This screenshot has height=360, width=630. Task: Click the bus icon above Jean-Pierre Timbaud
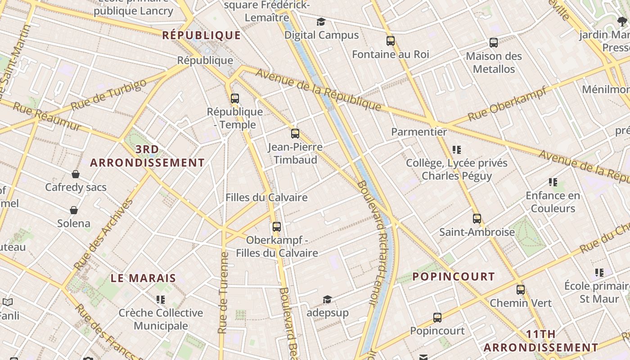[295, 134]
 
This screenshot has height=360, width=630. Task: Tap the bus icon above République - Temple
[234, 98]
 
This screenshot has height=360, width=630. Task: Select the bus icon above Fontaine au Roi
[391, 41]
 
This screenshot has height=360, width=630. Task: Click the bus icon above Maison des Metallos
[494, 43]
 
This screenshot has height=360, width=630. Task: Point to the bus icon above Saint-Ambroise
[477, 219]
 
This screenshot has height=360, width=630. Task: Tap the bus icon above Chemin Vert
[521, 289]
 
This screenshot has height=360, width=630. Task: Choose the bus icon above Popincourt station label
[437, 318]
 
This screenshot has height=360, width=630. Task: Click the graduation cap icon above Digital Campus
[321, 22]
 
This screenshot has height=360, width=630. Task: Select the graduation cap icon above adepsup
[327, 299]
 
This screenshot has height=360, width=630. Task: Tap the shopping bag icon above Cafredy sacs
[76, 174]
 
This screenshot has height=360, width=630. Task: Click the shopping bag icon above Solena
[74, 210]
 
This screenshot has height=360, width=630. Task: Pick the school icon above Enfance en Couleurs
[553, 182]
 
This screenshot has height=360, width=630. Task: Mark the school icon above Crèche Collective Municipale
[161, 299]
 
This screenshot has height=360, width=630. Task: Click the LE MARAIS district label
[143, 278]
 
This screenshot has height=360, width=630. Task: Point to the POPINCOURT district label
[454, 276]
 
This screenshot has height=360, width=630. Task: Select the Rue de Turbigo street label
[109, 95]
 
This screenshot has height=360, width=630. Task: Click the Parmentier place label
[419, 132]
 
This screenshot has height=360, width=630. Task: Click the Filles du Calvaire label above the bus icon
[266, 198]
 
